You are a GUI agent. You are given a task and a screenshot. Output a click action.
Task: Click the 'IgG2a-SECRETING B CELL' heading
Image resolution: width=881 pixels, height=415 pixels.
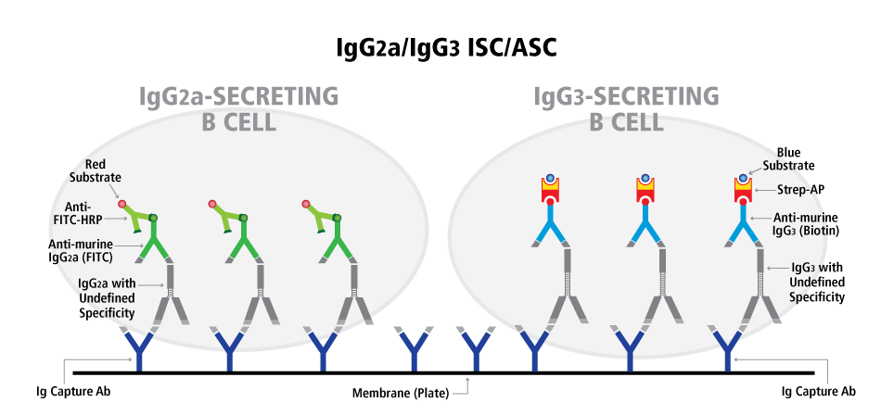click(x=238, y=108)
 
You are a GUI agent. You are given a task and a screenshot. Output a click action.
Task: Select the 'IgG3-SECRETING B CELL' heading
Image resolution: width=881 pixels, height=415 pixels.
click(x=626, y=108)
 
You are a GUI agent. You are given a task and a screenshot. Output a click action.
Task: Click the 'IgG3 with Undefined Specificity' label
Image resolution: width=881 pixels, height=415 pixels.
click(x=817, y=282)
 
